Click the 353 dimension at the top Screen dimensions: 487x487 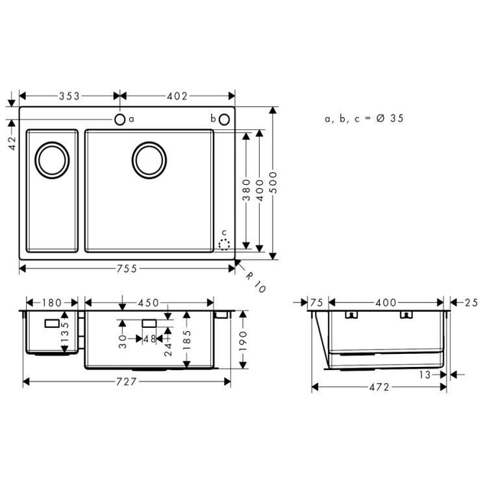[x=69, y=96]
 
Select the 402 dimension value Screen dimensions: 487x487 [x=177, y=96]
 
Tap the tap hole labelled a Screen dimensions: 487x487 [x=120, y=119]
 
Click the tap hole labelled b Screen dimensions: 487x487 [x=224, y=119]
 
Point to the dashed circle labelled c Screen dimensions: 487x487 [x=224, y=245]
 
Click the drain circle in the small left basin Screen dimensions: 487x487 [x=51, y=160]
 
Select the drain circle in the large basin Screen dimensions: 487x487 [x=149, y=160]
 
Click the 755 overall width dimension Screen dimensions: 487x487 [x=127, y=269]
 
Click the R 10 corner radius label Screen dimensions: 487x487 [x=256, y=281]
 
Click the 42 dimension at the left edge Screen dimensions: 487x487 [x=12, y=143]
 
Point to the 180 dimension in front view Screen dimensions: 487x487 [x=52, y=303]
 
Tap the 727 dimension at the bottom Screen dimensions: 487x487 [x=127, y=382]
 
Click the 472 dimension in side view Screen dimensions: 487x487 [x=379, y=387]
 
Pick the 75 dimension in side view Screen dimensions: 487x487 [x=317, y=303]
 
